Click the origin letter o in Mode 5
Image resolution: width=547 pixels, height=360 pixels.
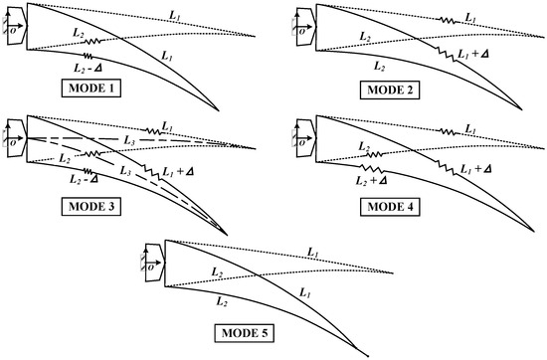click(x=149, y=266)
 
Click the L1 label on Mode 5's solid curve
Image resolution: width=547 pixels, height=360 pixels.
click(x=303, y=292)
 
